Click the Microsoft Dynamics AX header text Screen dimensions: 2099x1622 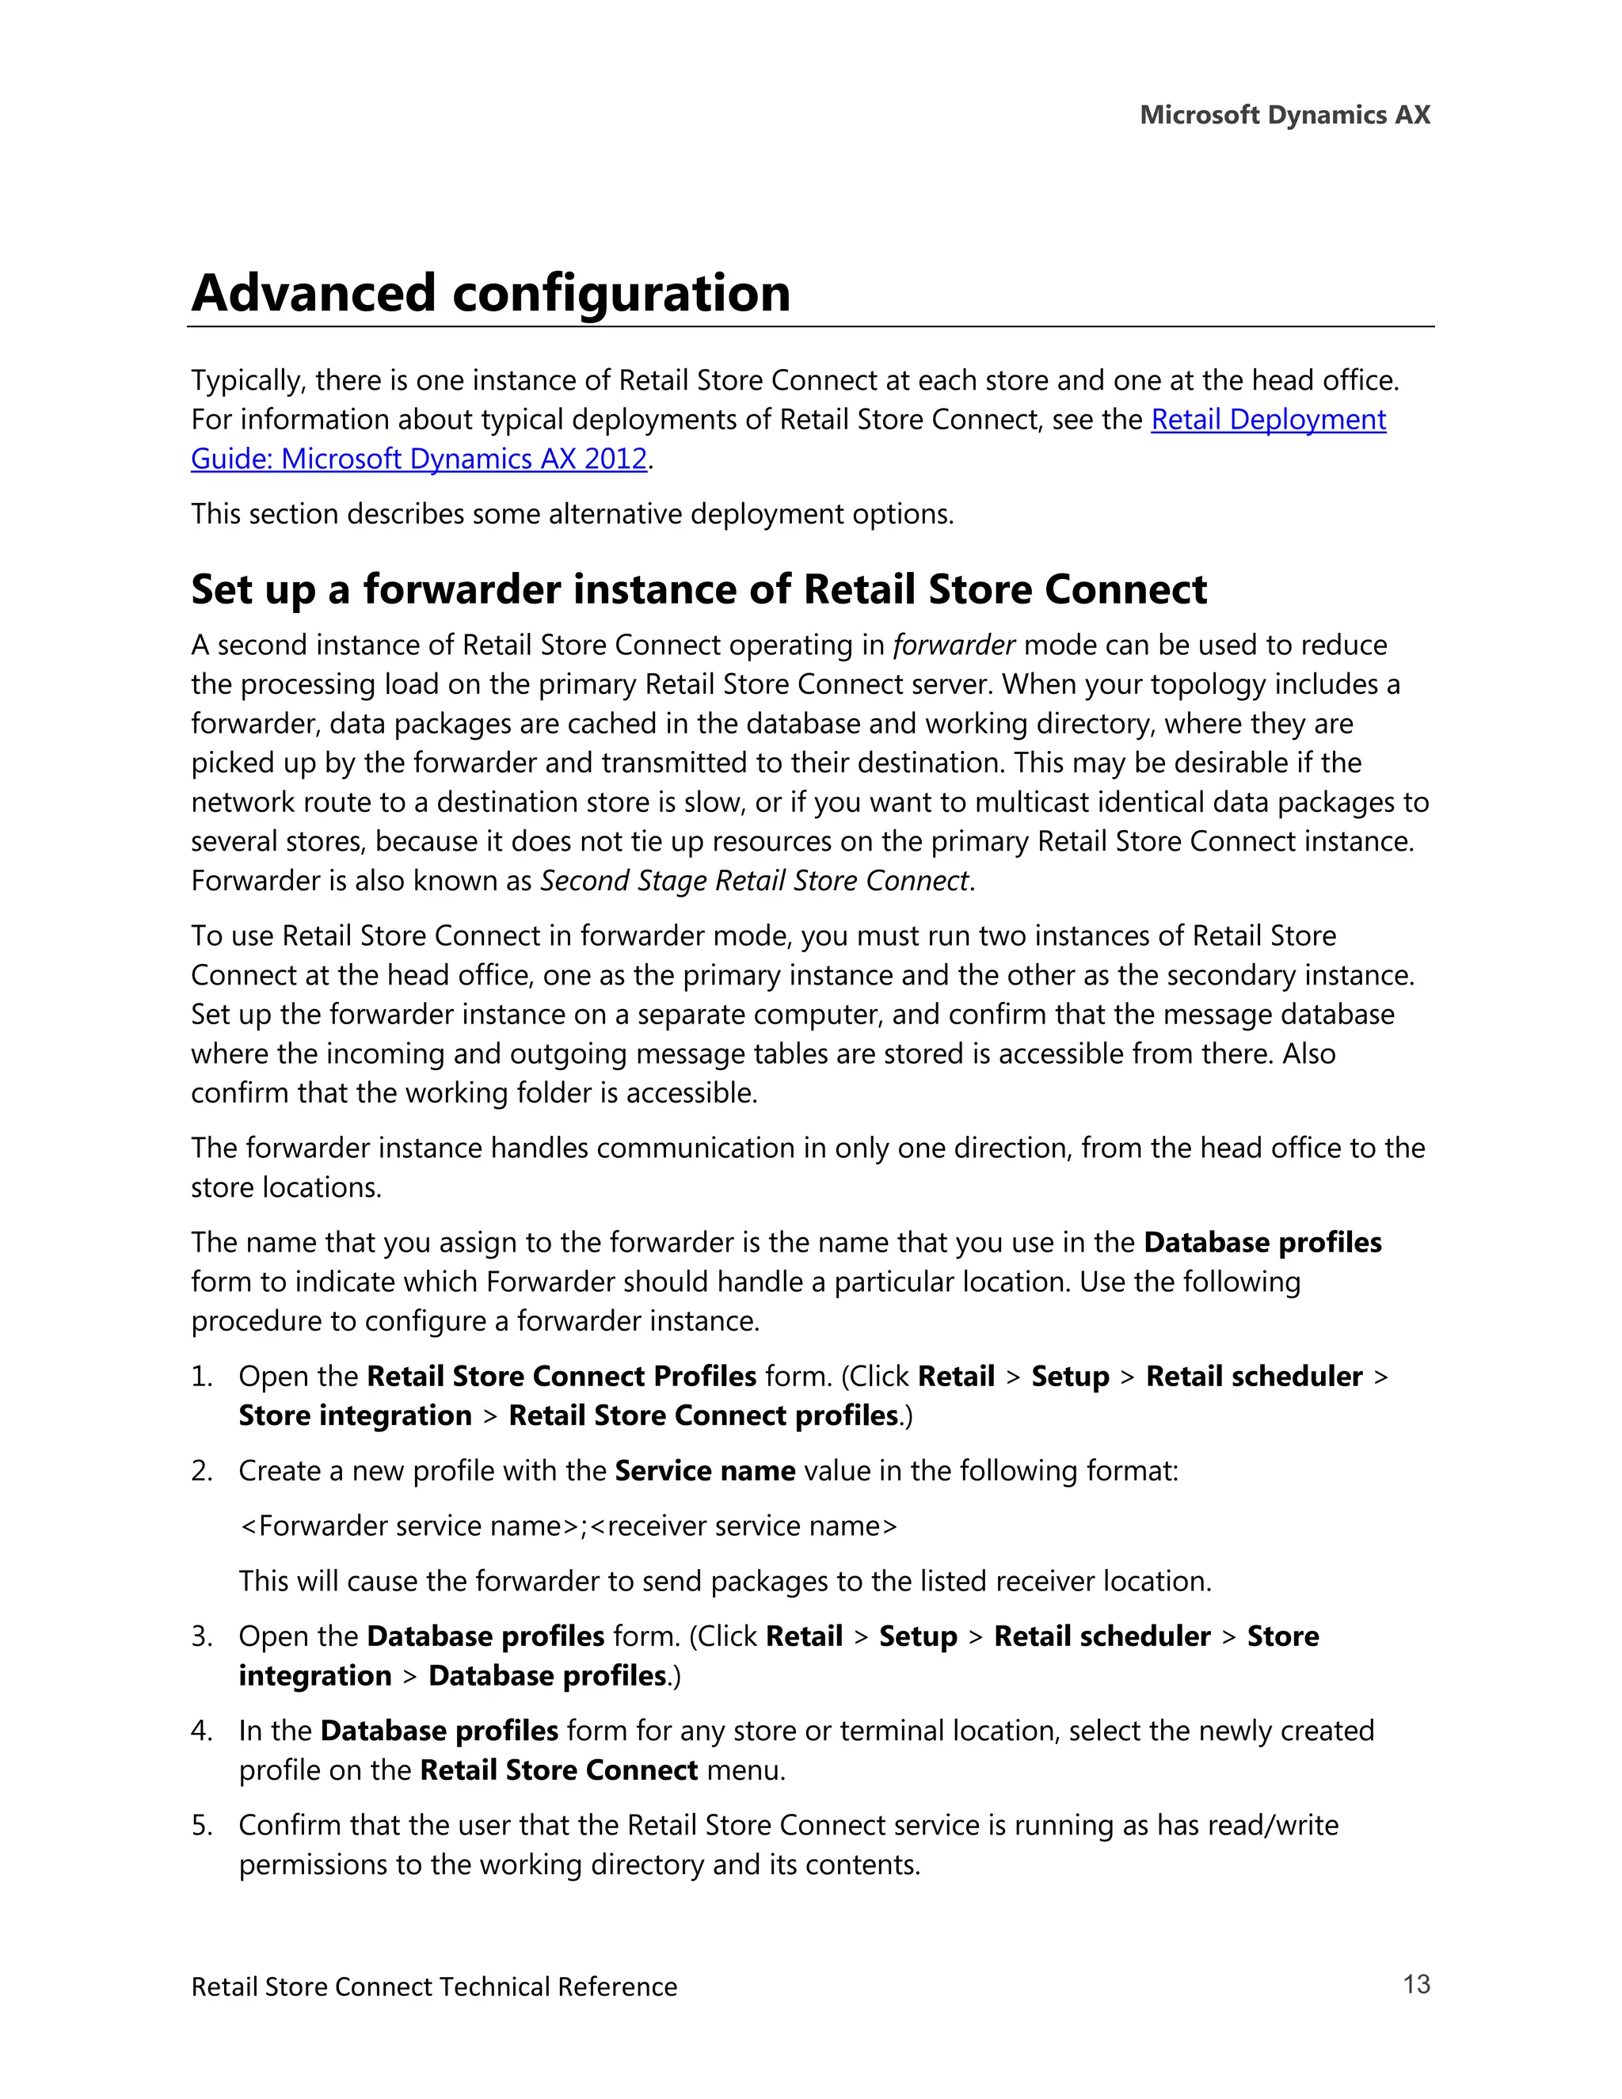[1284, 116]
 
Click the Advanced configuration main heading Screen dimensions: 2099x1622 [490, 293]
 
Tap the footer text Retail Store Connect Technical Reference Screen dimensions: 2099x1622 [433, 1987]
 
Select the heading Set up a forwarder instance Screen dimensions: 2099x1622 [698, 589]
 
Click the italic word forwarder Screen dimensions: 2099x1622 [954, 645]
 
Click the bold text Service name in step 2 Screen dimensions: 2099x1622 [704, 1470]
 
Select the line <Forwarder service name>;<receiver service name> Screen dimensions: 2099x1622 [567, 1526]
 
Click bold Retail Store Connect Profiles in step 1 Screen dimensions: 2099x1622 [562, 1377]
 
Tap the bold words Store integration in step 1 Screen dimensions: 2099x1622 [355, 1415]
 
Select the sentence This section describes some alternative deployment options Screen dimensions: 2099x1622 [572, 514]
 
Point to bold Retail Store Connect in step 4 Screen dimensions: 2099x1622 [558, 1770]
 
